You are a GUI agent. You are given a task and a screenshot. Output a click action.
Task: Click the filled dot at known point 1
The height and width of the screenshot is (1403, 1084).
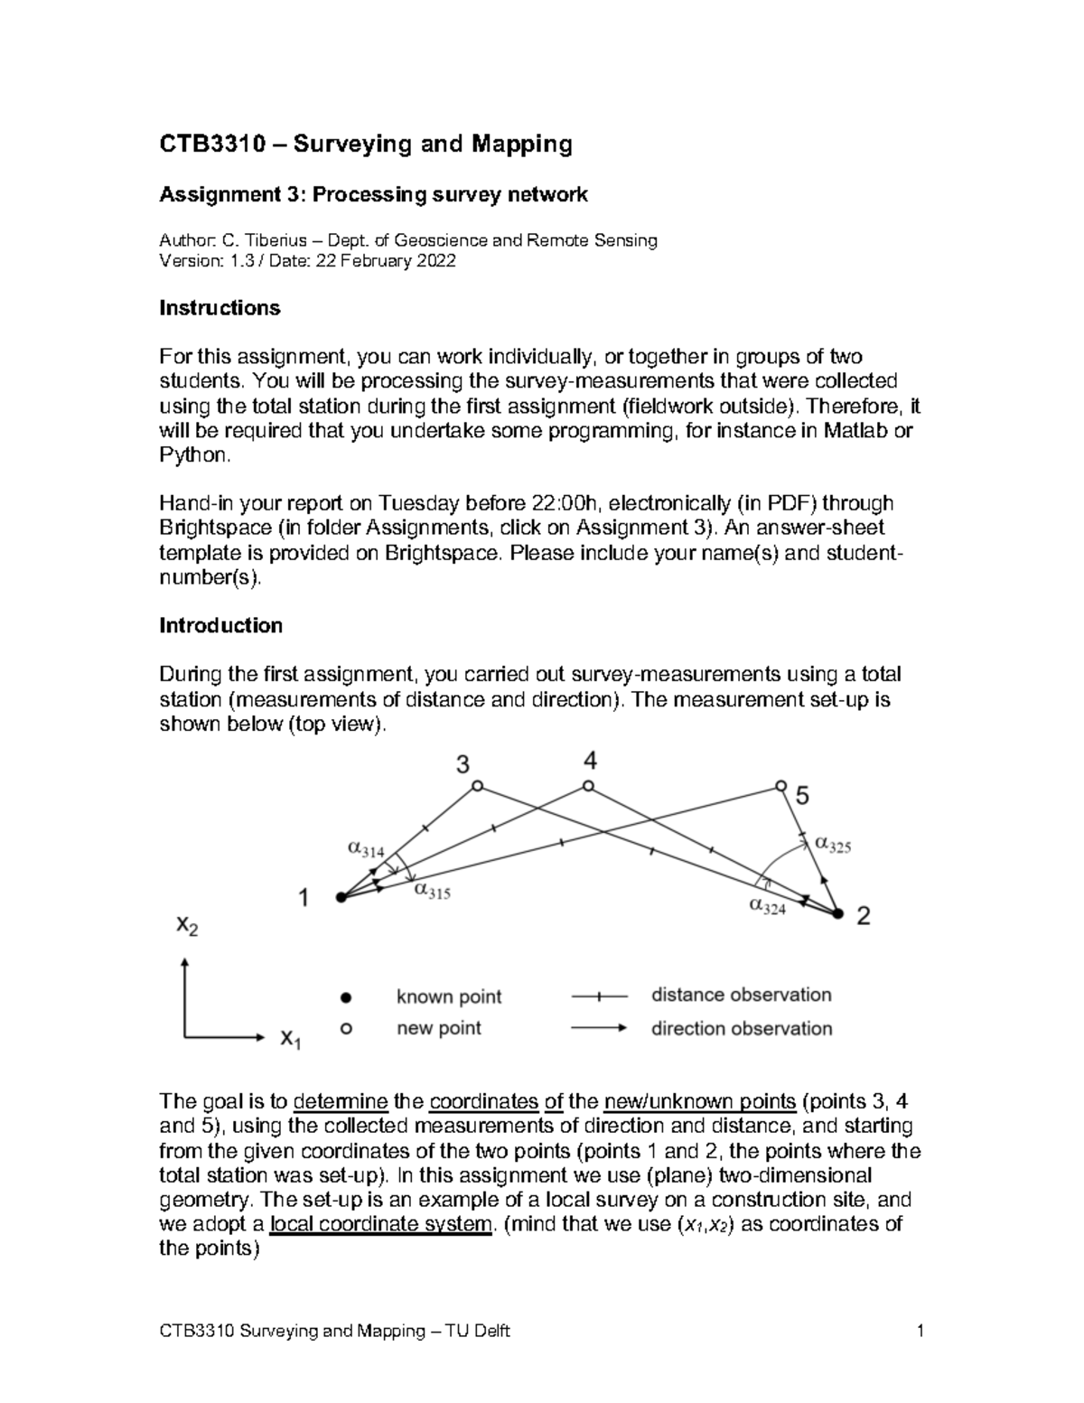341,897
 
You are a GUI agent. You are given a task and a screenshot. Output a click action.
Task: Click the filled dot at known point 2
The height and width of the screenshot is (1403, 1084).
837,915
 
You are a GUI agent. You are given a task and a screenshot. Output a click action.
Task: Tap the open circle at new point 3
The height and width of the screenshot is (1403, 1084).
478,786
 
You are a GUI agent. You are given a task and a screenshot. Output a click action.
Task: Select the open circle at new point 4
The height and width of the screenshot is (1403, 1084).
588,786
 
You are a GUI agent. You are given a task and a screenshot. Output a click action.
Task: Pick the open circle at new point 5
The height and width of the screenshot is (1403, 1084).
780,786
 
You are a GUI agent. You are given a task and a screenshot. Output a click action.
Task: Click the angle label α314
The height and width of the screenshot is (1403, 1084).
366,849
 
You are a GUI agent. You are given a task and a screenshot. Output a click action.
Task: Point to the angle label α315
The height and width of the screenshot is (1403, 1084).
432,891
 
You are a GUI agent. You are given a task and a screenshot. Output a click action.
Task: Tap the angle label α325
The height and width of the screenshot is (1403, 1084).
833,844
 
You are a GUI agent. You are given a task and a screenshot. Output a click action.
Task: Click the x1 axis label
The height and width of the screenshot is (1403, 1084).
290,1038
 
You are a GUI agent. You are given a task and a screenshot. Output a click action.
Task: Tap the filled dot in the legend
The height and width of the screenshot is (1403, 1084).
344,997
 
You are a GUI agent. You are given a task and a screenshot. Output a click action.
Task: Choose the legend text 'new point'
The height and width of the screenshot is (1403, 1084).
439,1028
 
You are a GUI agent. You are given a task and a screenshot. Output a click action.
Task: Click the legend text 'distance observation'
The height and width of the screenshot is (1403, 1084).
741,995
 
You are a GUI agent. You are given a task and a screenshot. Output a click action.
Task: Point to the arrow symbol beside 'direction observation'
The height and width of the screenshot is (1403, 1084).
599,1028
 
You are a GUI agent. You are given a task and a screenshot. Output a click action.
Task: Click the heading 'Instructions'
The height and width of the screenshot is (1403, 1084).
220,308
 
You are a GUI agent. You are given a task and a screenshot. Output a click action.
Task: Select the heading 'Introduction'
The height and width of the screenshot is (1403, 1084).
220,625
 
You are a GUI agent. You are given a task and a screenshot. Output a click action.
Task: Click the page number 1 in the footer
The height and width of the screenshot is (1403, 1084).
920,1331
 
